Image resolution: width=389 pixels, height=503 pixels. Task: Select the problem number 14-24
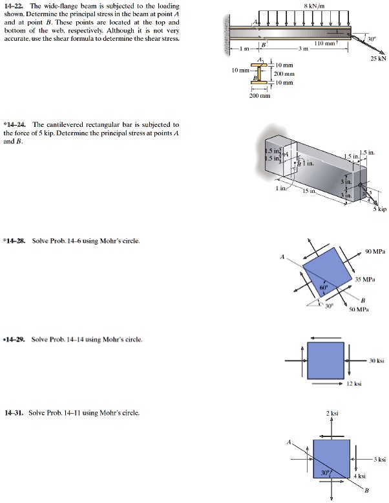pyautogui.click(x=17, y=124)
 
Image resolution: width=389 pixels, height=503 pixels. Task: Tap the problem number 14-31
pyautogui.click(x=14, y=412)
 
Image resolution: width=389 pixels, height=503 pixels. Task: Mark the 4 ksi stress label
pyautogui.click(x=359, y=476)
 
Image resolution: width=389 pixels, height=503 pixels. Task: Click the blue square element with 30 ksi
pyautogui.click(x=325, y=361)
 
